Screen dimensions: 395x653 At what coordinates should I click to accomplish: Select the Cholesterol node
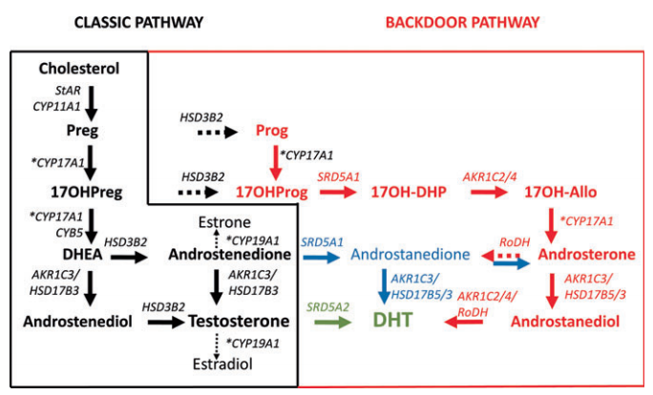click(78, 69)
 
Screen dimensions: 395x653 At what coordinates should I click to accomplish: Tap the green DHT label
click(393, 321)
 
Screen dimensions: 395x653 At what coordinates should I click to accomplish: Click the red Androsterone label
click(586, 255)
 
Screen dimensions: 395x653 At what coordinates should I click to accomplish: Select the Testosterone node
click(239, 322)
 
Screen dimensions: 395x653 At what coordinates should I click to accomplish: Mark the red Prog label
click(271, 131)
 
